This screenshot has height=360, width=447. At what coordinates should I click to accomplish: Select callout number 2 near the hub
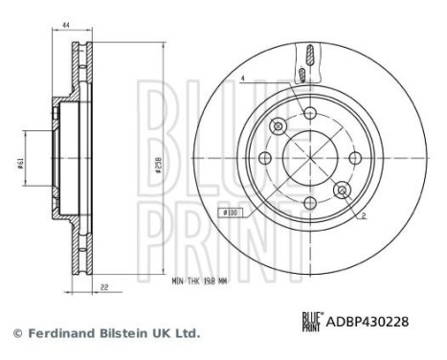pos(364,217)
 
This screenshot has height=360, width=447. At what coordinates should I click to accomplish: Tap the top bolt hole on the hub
pos(308,115)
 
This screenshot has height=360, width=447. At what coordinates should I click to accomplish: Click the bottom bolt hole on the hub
pos(308,202)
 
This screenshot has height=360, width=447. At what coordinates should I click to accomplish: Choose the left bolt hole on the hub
pos(265,158)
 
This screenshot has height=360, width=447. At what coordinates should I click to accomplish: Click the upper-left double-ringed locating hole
pos(279,126)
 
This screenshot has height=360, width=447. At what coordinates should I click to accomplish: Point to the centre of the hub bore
pos(308,158)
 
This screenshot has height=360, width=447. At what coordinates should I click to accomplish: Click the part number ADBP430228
pos(370,323)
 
